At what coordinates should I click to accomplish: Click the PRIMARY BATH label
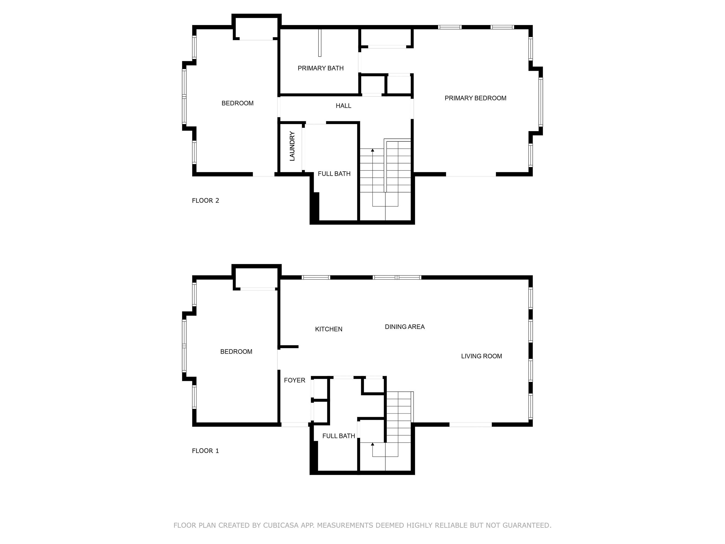point(321,68)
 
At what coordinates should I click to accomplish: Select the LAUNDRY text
point(292,146)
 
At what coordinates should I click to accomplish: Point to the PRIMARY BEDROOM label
point(475,98)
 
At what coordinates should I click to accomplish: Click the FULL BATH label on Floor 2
point(334,174)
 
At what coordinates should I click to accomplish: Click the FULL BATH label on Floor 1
point(338,436)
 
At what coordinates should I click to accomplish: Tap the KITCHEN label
point(328,329)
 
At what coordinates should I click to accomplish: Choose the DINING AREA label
point(404,327)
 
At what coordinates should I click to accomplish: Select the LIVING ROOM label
point(481,356)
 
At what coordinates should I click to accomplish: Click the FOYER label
point(294,380)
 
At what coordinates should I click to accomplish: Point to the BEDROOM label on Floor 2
point(237,103)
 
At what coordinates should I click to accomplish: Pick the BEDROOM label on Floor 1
point(236,351)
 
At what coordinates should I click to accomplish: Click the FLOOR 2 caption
point(205,201)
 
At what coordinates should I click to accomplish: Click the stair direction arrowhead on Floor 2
point(372,150)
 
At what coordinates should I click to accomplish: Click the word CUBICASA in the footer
point(281,525)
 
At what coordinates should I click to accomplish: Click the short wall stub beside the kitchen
point(288,347)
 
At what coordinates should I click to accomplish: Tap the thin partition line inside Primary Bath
point(320,43)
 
